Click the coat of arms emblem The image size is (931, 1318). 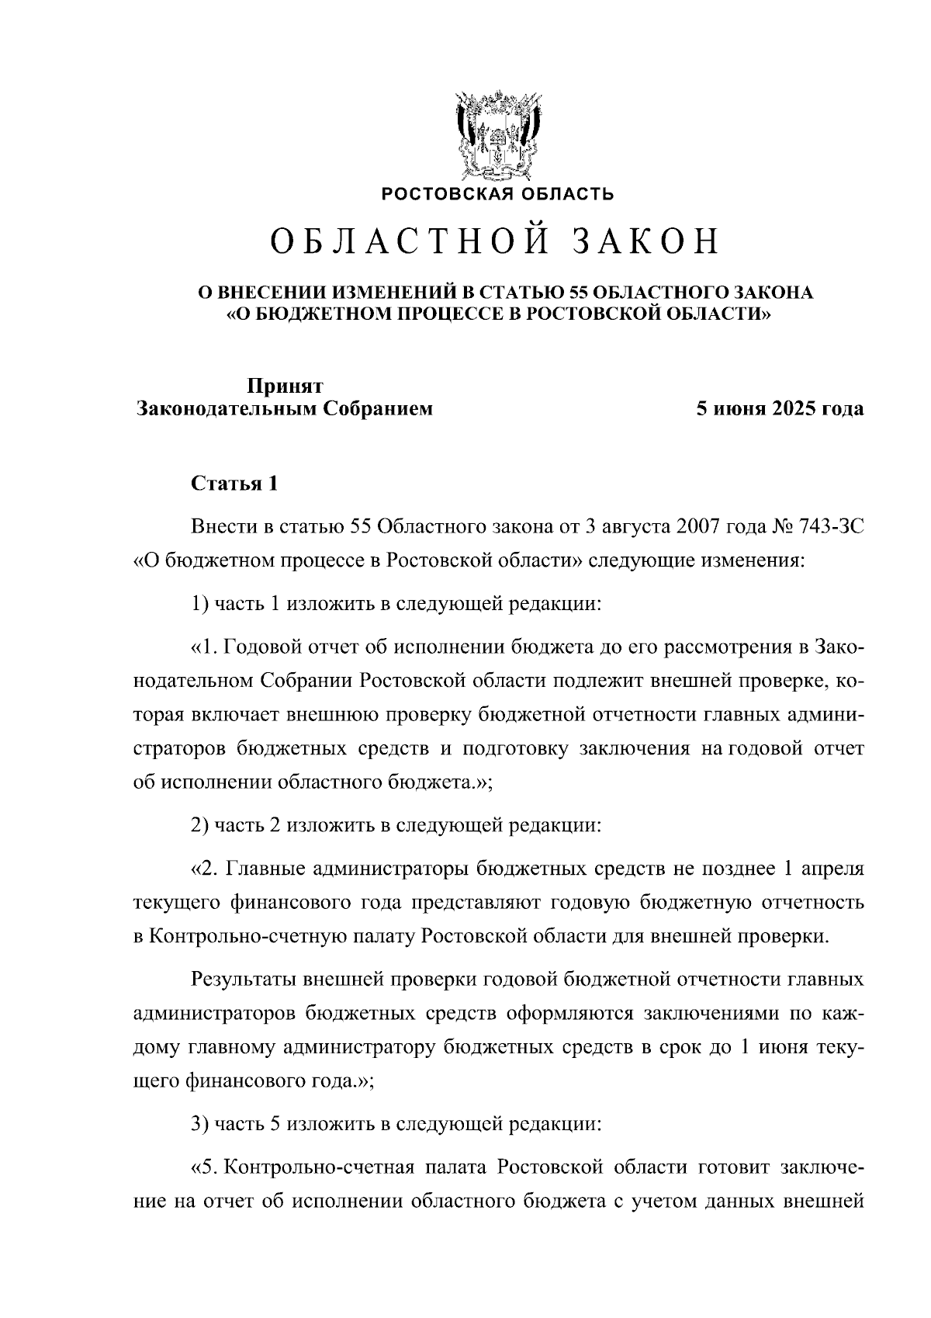click(497, 135)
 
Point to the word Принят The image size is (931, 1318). click(285, 386)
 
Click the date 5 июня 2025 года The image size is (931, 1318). click(779, 409)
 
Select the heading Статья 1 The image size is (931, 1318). click(234, 484)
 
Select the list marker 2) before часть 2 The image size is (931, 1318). click(199, 825)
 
